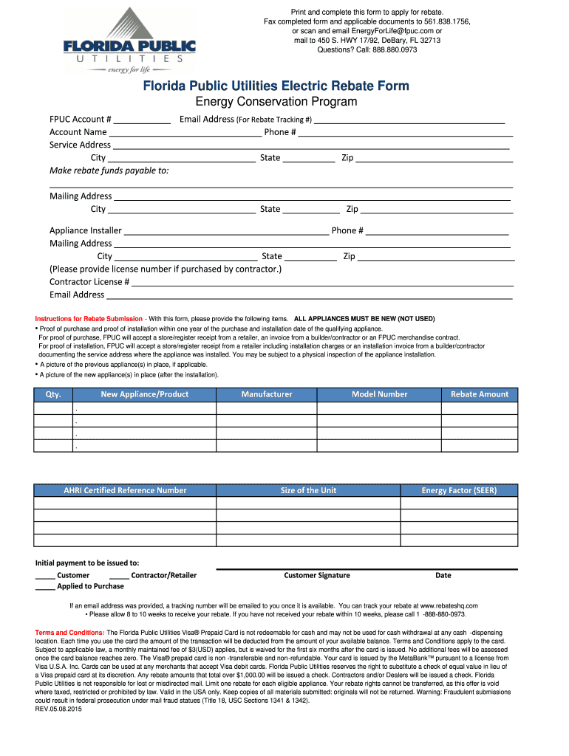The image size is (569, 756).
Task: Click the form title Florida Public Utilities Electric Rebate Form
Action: [x=276, y=86]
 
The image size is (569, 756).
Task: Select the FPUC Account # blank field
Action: [x=143, y=120]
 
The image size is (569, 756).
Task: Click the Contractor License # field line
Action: [x=322, y=283]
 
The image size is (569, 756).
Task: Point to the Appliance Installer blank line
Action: [x=226, y=231]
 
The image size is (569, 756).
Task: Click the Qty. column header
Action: [x=53, y=394]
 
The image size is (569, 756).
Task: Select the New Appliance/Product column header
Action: [x=144, y=394]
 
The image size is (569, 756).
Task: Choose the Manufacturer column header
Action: [x=266, y=394]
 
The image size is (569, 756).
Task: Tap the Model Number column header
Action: [x=379, y=394]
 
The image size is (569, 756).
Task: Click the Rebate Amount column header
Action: [x=480, y=394]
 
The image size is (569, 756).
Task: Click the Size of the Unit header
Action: [x=308, y=490]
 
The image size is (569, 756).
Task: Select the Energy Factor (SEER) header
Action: [x=459, y=490]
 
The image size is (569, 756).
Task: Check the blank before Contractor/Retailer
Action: [x=119, y=576]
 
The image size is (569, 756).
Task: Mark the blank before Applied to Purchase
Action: [x=45, y=587]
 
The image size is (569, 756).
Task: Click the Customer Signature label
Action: [x=317, y=576]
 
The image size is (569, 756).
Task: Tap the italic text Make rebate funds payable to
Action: [x=109, y=171]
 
